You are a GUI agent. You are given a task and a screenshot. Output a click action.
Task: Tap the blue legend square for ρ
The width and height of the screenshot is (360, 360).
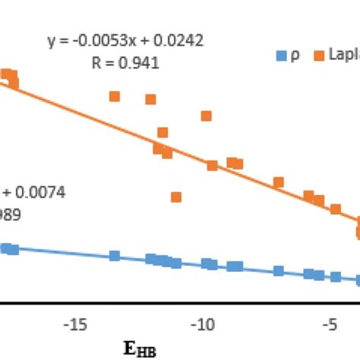(x=280, y=55)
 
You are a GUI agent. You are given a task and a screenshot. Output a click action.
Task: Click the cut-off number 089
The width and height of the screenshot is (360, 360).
(x=11, y=215)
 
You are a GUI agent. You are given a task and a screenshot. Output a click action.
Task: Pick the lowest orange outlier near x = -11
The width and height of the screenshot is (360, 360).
(x=176, y=197)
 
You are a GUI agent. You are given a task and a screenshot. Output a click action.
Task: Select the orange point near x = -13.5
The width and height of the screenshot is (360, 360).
(x=115, y=96)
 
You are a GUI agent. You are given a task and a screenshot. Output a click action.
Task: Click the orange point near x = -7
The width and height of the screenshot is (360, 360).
(x=279, y=182)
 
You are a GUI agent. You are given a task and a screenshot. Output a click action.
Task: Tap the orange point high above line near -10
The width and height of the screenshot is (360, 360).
(x=206, y=116)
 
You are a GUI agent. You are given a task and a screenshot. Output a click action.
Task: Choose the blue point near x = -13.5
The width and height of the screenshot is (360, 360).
(x=115, y=256)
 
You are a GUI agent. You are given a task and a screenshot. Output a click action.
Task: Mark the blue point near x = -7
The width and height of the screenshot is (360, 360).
(x=279, y=270)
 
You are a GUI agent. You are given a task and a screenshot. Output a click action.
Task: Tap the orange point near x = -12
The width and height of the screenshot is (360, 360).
(x=150, y=99)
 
